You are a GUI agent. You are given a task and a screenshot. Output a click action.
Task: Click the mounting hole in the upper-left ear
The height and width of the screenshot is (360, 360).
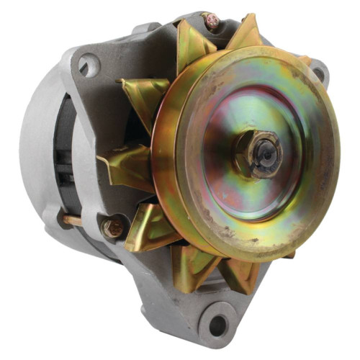[87, 67]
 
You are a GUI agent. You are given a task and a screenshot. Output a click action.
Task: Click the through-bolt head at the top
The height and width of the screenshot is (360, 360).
[213, 21]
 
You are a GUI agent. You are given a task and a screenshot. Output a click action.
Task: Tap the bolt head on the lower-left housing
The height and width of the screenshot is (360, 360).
[113, 228]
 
